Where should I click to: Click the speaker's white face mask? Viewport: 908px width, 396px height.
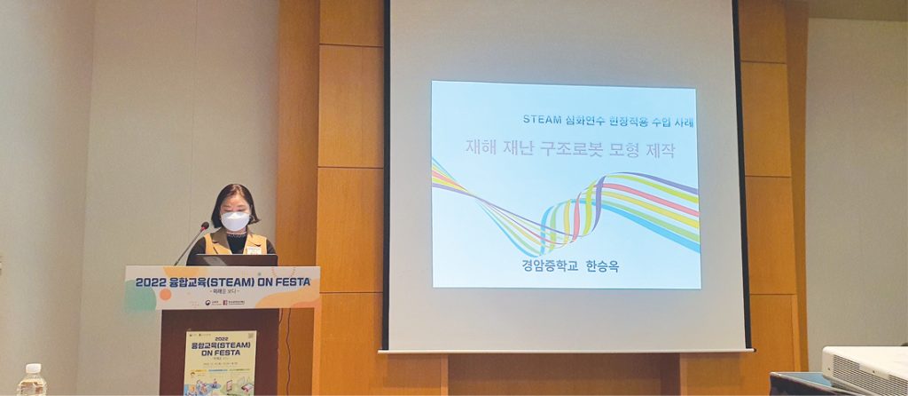[x=235, y=220]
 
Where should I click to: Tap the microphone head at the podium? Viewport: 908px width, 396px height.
[x=205, y=226]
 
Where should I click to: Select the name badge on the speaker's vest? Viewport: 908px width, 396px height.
[x=254, y=250]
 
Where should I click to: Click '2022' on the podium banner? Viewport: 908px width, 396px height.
[x=153, y=282]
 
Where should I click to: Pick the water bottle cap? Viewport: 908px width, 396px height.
[x=32, y=367]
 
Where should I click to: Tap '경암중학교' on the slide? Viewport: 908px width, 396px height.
[x=548, y=265]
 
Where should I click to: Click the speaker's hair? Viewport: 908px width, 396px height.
[x=234, y=195]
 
